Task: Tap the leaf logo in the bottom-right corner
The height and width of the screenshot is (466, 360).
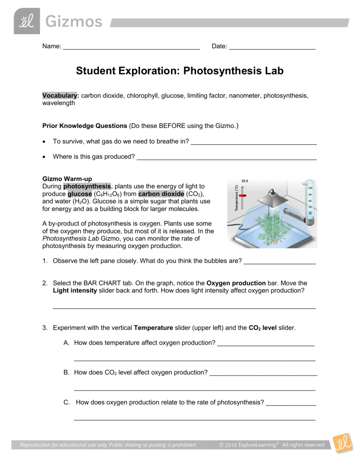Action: pos(341,445)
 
